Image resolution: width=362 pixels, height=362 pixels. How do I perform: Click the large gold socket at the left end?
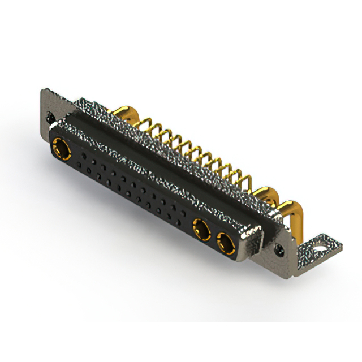tap(61, 150)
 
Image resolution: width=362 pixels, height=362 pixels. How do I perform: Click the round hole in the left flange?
tap(51, 117)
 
